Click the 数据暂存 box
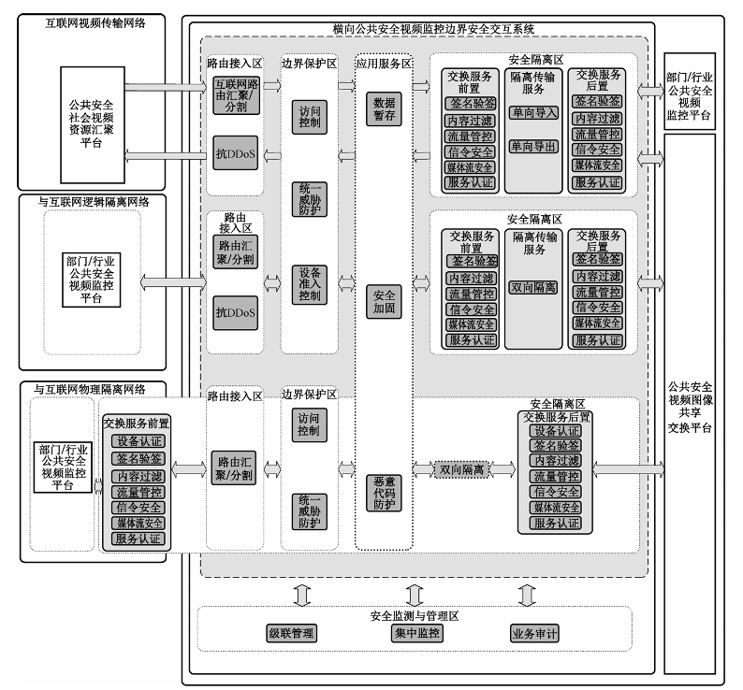coord(384,108)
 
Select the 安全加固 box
coord(384,300)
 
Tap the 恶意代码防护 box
coord(384,492)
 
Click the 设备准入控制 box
coord(310,284)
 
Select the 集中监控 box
coord(416,633)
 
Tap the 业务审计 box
coord(534,633)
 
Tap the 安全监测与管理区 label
coord(415,614)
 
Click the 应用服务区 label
coord(384,65)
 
